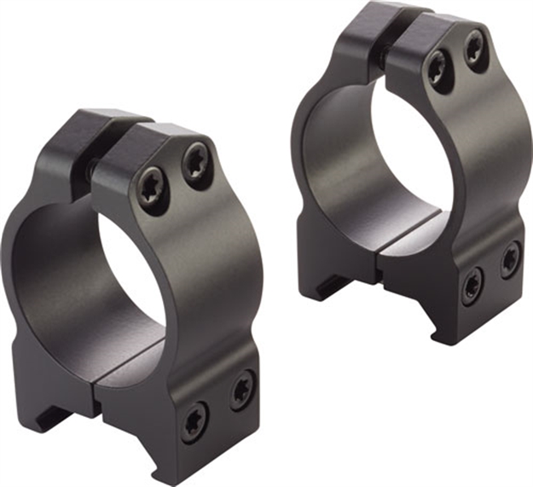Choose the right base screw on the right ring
tap(510, 258)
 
